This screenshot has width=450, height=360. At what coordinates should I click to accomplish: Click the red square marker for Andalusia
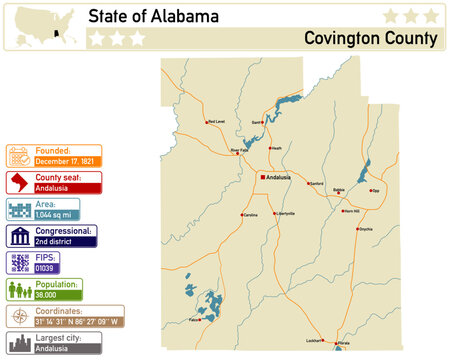pyautogui.click(x=262, y=176)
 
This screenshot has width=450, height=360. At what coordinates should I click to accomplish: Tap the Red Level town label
pyautogui.click(x=216, y=122)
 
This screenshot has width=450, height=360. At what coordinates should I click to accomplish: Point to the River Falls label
pyautogui.click(x=239, y=150)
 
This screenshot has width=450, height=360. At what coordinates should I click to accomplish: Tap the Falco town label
pyautogui.click(x=194, y=319)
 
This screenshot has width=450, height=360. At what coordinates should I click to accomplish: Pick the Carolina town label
pyautogui.click(x=250, y=215)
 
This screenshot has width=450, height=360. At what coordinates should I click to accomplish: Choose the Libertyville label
pyautogui.click(x=286, y=214)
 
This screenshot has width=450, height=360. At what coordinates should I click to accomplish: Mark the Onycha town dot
pyautogui.click(x=359, y=229)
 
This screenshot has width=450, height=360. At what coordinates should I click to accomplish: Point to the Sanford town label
pyautogui.click(x=316, y=184)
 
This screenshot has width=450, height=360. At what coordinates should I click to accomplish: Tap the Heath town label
pyautogui.click(x=277, y=148)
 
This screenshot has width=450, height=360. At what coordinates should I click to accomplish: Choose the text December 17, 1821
pyautogui.click(x=66, y=160)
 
